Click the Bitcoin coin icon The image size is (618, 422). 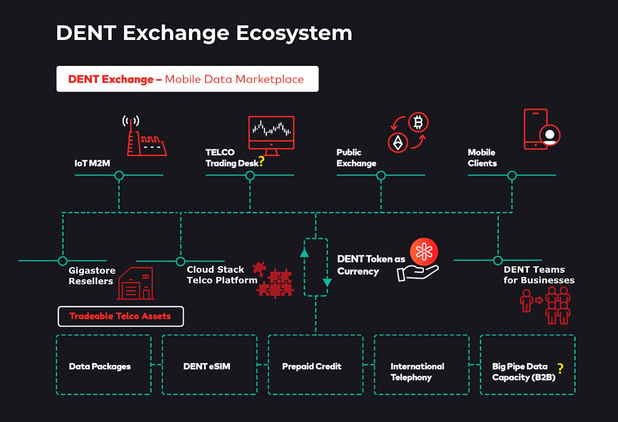pos(418,122)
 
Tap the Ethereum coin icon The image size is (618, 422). pos(398,142)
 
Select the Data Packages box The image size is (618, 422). pos(104,365)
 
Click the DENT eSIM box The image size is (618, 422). pos(210,365)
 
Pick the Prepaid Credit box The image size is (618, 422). pos(316,365)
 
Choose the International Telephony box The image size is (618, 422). pos(422,365)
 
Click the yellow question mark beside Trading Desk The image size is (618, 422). pos(261,161)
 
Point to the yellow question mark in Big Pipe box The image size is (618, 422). pos(561,369)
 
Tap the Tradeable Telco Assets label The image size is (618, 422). pos(121,316)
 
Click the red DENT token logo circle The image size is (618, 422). pos(423,252)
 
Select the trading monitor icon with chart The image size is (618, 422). pos(271,135)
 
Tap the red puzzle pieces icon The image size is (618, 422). pos(274,280)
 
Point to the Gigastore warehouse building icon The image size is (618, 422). pos(135,284)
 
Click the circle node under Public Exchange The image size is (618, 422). pos(381,175)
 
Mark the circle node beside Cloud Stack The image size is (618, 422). pos(181,261)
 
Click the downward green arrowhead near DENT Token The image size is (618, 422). pos(327,282)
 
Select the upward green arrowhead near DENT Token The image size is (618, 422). pos(304,253)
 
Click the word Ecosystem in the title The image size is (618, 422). pos(294,33)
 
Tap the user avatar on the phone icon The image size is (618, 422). pos(550,135)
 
